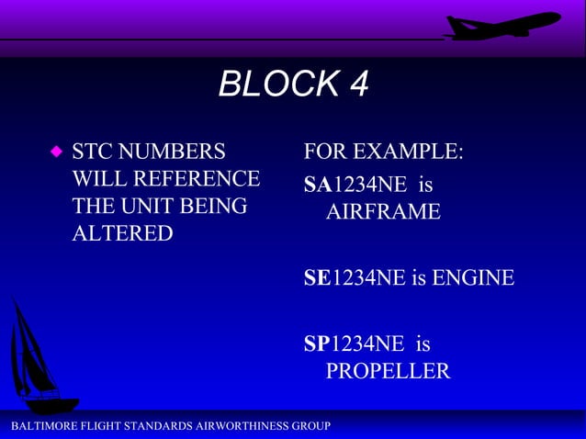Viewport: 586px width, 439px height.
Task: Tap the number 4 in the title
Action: click(x=357, y=85)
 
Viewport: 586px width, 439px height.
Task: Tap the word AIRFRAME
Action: click(x=383, y=212)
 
